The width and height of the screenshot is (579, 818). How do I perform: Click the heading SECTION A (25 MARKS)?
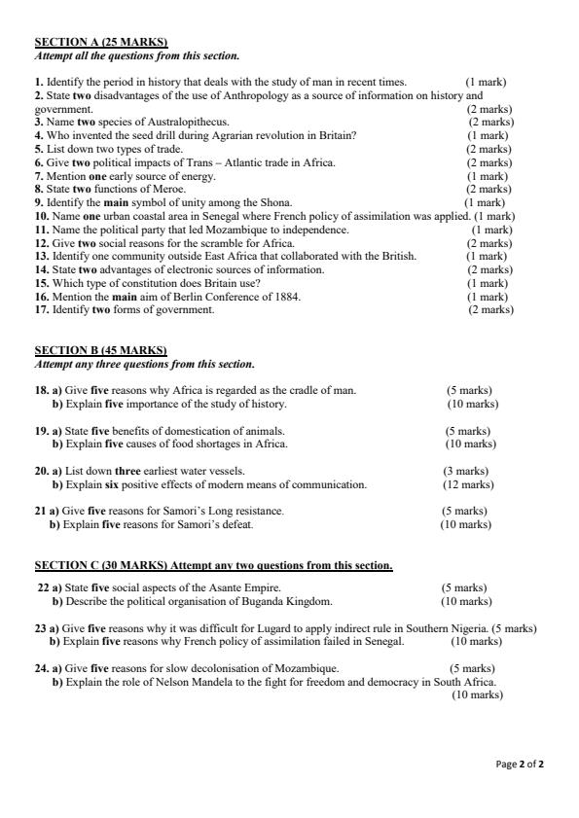point(101,43)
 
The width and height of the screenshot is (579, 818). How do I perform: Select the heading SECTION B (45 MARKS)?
point(101,350)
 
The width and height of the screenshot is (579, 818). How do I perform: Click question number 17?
point(42,310)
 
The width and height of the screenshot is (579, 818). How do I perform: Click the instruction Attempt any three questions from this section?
point(145,365)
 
